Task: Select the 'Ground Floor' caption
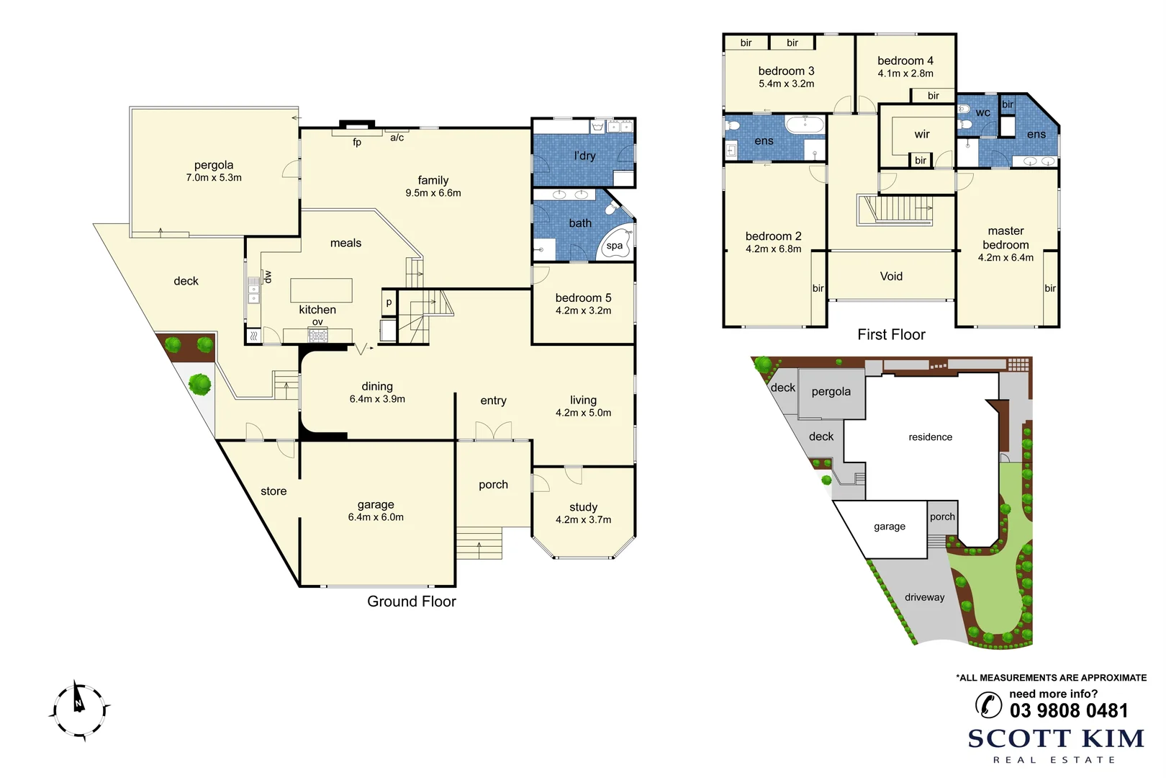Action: point(411,602)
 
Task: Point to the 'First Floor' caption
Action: point(891,334)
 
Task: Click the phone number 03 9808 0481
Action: point(1069,710)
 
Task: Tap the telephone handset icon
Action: point(988,705)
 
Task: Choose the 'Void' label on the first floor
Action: point(891,276)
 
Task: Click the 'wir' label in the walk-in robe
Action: point(922,135)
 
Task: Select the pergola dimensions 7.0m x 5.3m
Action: point(214,178)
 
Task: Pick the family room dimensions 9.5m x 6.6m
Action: point(433,193)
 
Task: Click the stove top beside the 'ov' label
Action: point(317,334)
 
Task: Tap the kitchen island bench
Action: point(321,290)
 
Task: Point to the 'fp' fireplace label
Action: point(357,142)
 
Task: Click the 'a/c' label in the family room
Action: point(397,138)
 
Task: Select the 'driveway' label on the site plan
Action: point(924,597)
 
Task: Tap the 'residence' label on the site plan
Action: point(930,437)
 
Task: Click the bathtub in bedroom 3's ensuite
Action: point(805,125)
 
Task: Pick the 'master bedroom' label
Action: point(1005,238)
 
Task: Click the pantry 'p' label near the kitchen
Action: point(389,303)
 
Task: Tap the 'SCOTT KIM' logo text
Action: point(1056,739)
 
